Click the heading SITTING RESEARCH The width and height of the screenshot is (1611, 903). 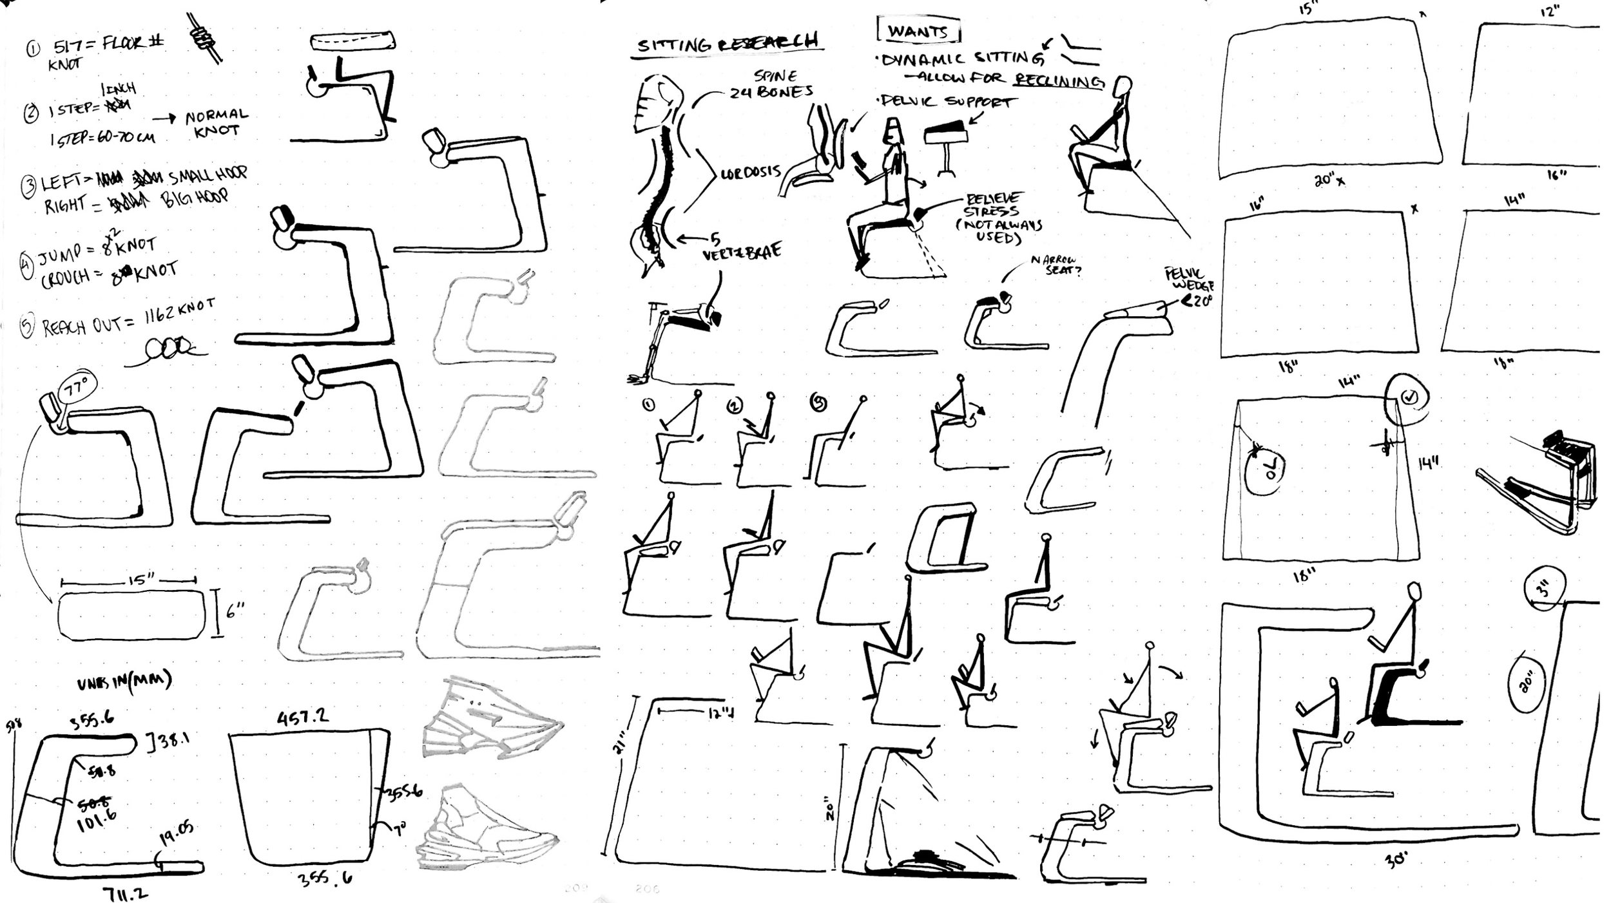click(x=727, y=43)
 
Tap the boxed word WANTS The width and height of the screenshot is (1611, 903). click(x=918, y=31)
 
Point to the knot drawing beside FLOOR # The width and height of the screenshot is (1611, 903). click(x=205, y=37)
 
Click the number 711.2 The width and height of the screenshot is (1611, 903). click(x=125, y=893)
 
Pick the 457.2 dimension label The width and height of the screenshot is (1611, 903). click(x=302, y=716)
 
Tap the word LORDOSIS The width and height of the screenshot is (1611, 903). click(x=751, y=173)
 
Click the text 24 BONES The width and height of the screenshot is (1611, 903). click(x=771, y=92)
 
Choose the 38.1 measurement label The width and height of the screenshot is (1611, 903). click(x=171, y=741)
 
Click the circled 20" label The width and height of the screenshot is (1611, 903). click(x=1527, y=681)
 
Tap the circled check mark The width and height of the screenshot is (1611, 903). click(x=1409, y=397)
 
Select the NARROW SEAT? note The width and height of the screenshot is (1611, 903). click(x=1055, y=265)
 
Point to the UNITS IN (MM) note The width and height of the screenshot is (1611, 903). click(x=124, y=681)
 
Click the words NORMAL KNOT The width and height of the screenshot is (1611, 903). click(x=217, y=122)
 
